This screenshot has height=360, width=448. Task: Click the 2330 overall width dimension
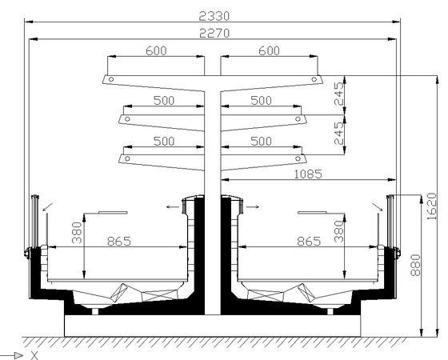214,16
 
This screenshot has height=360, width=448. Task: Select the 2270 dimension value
214,33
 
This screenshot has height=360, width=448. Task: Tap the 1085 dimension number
308,174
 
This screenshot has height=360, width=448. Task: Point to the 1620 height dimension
432,206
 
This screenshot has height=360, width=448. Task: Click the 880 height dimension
415,265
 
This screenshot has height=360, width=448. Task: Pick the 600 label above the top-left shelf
156,51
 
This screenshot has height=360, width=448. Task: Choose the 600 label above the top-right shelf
269,51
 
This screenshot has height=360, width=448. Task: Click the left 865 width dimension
119,242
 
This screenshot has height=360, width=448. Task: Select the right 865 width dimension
309,242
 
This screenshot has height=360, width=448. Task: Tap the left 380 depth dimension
77,233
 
